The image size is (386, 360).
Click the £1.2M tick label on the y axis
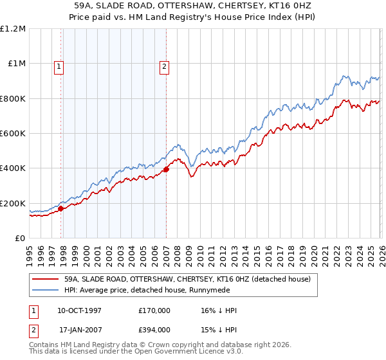pos(13,29)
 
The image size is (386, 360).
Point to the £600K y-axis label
pos(13,134)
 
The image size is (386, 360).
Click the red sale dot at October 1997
pos(61,208)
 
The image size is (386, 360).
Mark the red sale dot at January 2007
pos(166,170)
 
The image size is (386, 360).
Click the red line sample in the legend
pos(45,279)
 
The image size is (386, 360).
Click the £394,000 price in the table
pos(155,332)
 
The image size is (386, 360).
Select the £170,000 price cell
pos(155,310)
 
